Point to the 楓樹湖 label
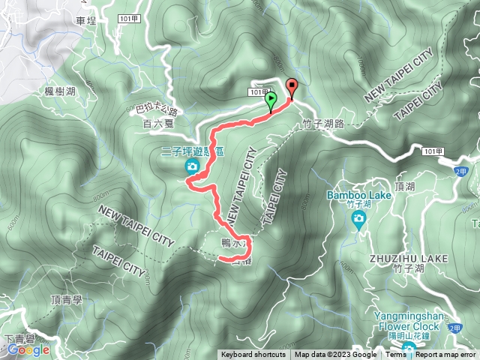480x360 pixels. [x=60, y=91]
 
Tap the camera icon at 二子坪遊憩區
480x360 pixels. [x=193, y=166]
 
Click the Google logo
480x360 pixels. [x=28, y=349]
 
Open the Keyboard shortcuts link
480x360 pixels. [x=253, y=355]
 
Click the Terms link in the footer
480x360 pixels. [x=396, y=355]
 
